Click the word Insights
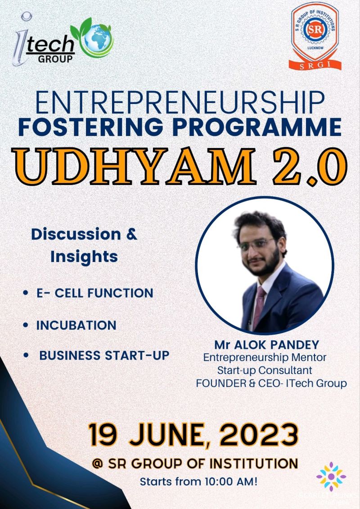coord(84,257)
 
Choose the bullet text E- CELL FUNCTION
coord(94,293)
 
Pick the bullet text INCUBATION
coord(76,325)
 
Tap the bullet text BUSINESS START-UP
coord(104,355)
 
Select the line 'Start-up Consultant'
coord(265,370)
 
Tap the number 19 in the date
coord(103,434)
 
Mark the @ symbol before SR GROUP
coord(97,464)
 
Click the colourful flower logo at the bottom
coord(331,476)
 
